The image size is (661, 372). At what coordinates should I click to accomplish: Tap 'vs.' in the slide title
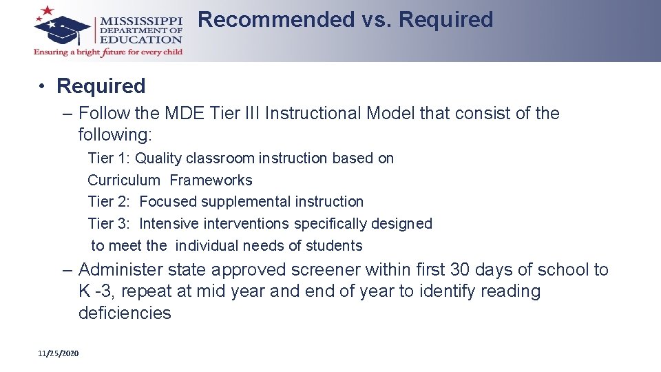tap(376, 20)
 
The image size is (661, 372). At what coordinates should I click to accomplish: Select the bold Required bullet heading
tap(101, 86)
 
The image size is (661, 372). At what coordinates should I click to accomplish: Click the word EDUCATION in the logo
tap(141, 40)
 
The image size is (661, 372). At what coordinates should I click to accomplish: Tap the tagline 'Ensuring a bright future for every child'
tap(108, 52)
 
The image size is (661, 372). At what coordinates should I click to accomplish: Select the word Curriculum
tap(124, 180)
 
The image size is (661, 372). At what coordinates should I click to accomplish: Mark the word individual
tap(216, 246)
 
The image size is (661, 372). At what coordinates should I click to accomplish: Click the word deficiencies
tap(125, 313)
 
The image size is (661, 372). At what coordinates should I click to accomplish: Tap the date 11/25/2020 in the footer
tap(59, 353)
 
